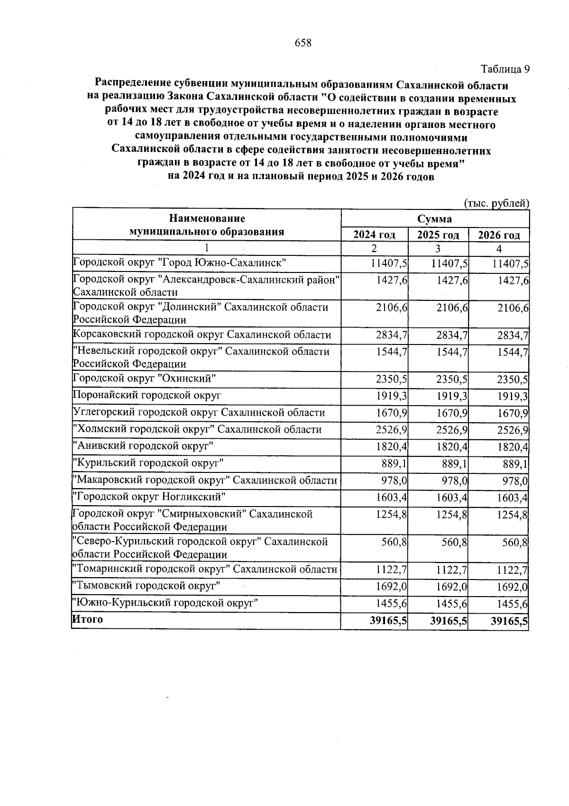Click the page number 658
pyautogui.click(x=303, y=43)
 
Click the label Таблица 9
pyautogui.click(x=505, y=69)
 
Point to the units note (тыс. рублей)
pyautogui.click(x=496, y=203)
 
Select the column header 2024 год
pyautogui.click(x=374, y=235)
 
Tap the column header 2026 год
pyautogui.click(x=498, y=235)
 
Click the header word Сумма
pyautogui.click(x=434, y=219)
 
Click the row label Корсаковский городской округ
pyautogui.click(x=202, y=335)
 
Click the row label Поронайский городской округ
pyautogui.click(x=147, y=395)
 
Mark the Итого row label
pyautogui.click(x=87, y=619)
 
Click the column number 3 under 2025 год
pyautogui.click(x=438, y=249)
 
